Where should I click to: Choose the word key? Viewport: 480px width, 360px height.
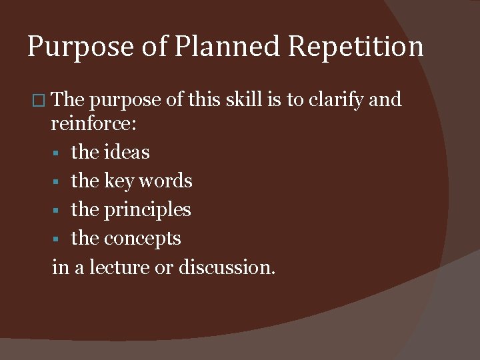pyautogui.click(x=120, y=181)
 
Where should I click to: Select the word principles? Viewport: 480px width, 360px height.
pyautogui.click(x=147, y=210)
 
